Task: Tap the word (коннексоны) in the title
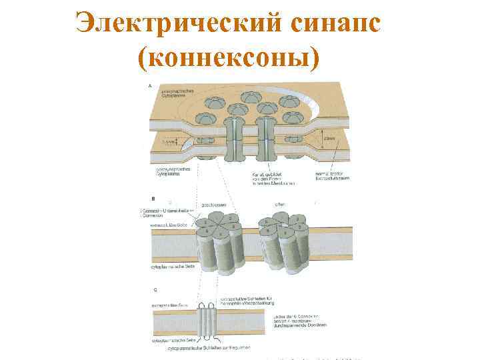(x=227, y=59)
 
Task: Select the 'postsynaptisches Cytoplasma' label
(x=171, y=172)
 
